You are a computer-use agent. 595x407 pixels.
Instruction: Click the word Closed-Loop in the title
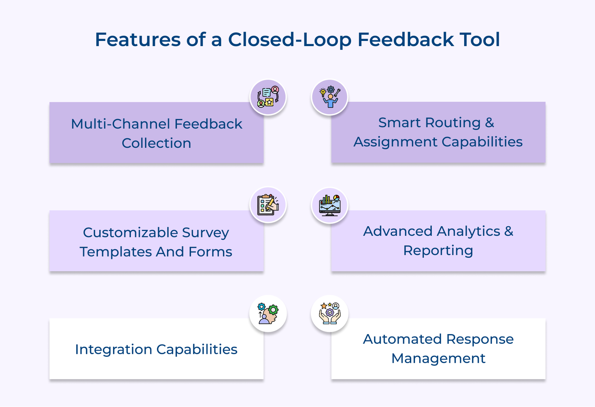pos(289,39)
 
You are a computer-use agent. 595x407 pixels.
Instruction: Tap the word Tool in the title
pos(480,39)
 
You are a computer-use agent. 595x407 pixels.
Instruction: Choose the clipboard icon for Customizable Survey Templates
pos(268,205)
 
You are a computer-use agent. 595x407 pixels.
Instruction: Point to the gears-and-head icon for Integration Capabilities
pos(268,314)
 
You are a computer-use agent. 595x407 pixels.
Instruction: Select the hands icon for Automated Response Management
pos(329,314)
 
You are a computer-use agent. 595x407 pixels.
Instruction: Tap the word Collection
pos(156,143)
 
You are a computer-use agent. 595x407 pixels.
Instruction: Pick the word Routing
pos(453,122)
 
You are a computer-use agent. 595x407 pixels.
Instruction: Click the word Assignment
pos(395,142)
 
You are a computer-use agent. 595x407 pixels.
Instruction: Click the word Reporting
pos(438,251)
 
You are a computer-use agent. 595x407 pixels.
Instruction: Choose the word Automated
pos(402,339)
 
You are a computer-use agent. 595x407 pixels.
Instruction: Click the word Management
pos(438,359)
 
